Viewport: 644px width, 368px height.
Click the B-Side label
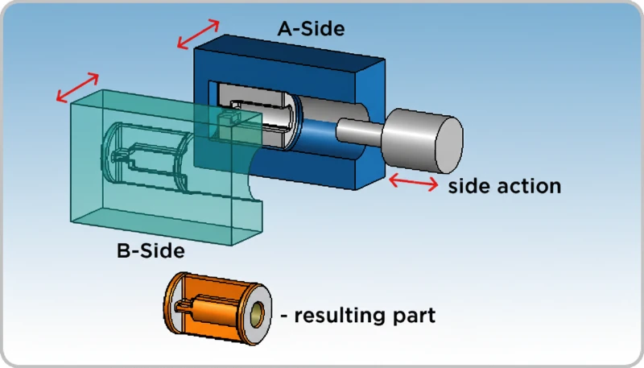tap(151, 250)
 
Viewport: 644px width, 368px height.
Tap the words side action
tap(504, 186)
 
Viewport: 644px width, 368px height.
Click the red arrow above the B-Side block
tap(77, 88)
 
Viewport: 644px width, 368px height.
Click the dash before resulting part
tap(284, 316)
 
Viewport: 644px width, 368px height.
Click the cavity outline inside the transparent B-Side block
tap(145, 157)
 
